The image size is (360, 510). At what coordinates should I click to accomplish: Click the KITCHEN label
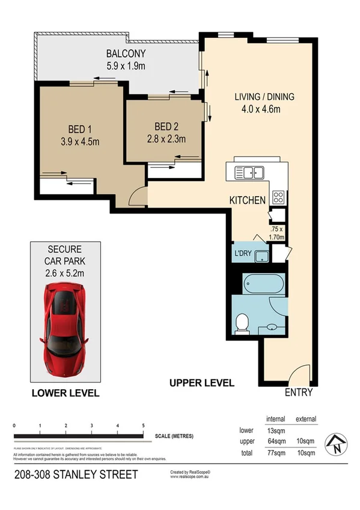(247, 200)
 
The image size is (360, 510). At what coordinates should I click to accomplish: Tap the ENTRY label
(299, 392)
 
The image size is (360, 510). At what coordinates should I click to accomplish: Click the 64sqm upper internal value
(275, 441)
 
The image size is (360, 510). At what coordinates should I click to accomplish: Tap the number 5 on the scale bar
(144, 426)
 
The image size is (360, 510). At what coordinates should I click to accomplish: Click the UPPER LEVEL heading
(201, 382)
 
